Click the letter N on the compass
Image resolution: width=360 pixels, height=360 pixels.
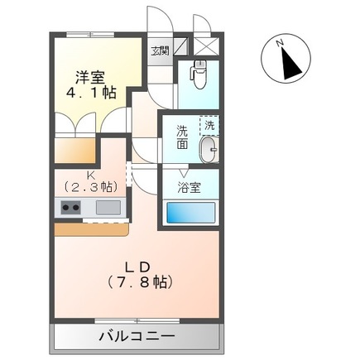pos(281,41)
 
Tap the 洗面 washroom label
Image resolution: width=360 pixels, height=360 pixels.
pos(182,137)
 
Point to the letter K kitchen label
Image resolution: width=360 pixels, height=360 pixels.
pos(91,175)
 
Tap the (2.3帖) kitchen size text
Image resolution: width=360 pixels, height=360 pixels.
pos(91,187)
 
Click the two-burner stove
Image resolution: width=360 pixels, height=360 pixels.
pos(67,208)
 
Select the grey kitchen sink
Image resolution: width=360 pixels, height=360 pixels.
pos(108,208)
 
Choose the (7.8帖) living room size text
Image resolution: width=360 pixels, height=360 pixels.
pos(137,282)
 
